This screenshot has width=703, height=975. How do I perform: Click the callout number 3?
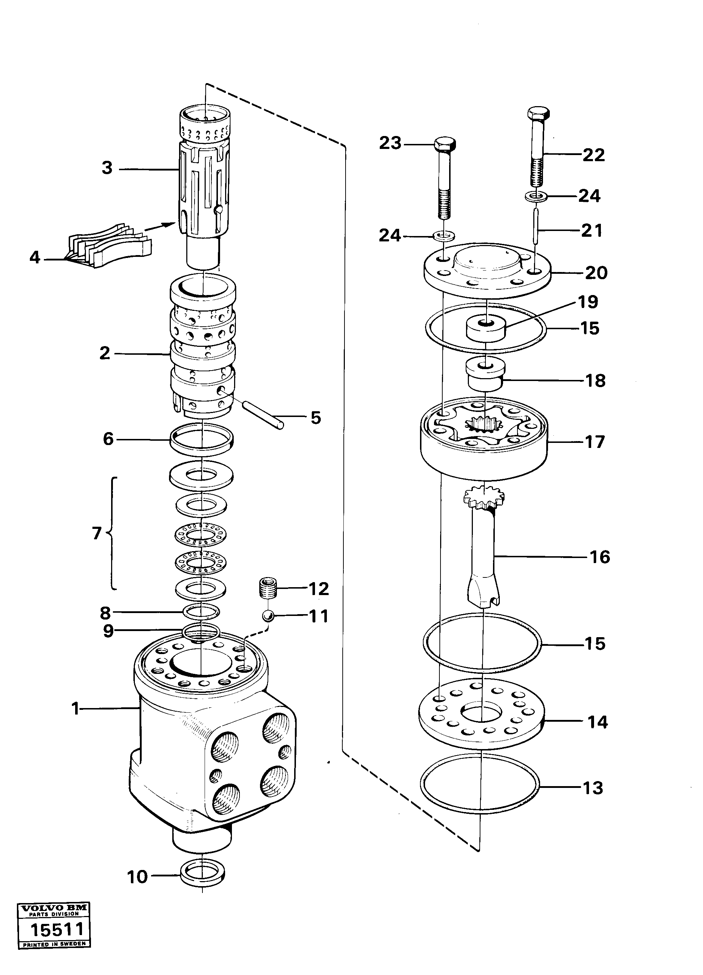107,168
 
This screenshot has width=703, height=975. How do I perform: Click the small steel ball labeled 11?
269,616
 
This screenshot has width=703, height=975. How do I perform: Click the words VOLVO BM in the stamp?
54,917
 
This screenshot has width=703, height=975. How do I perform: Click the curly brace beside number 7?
112,533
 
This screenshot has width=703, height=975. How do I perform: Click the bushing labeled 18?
485,375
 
